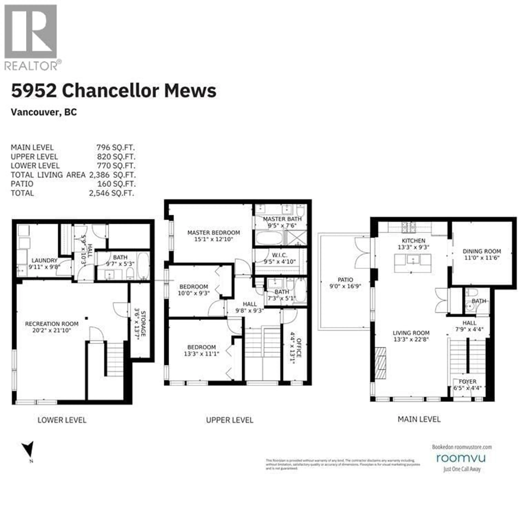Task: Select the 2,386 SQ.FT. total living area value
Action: click(112, 175)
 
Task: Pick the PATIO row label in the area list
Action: click(22, 184)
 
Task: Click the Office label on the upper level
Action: click(299, 348)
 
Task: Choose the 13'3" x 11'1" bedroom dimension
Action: click(202, 354)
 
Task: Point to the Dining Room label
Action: click(482, 251)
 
